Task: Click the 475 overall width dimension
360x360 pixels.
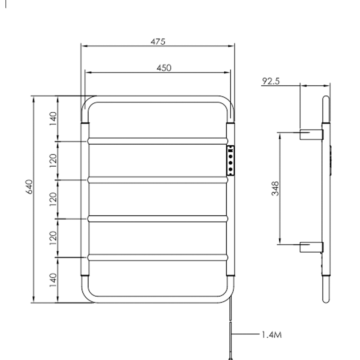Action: pos(158,42)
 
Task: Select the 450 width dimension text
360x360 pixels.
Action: pos(164,68)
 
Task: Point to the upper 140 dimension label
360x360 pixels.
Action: pos(53,118)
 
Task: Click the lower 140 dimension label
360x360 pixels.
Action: pos(53,280)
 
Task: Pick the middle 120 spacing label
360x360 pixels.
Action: pos(53,199)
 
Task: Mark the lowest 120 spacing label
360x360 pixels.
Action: pos(53,238)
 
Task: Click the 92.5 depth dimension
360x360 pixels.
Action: pos(271,81)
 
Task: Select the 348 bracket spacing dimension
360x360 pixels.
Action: pos(275,188)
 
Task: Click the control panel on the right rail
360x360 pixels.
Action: pos(230,161)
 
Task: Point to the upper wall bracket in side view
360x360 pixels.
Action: pos(311,134)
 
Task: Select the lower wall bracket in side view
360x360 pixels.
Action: pos(311,247)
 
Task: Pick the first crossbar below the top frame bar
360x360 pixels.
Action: pos(157,141)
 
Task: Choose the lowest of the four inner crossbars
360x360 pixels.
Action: pos(157,257)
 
